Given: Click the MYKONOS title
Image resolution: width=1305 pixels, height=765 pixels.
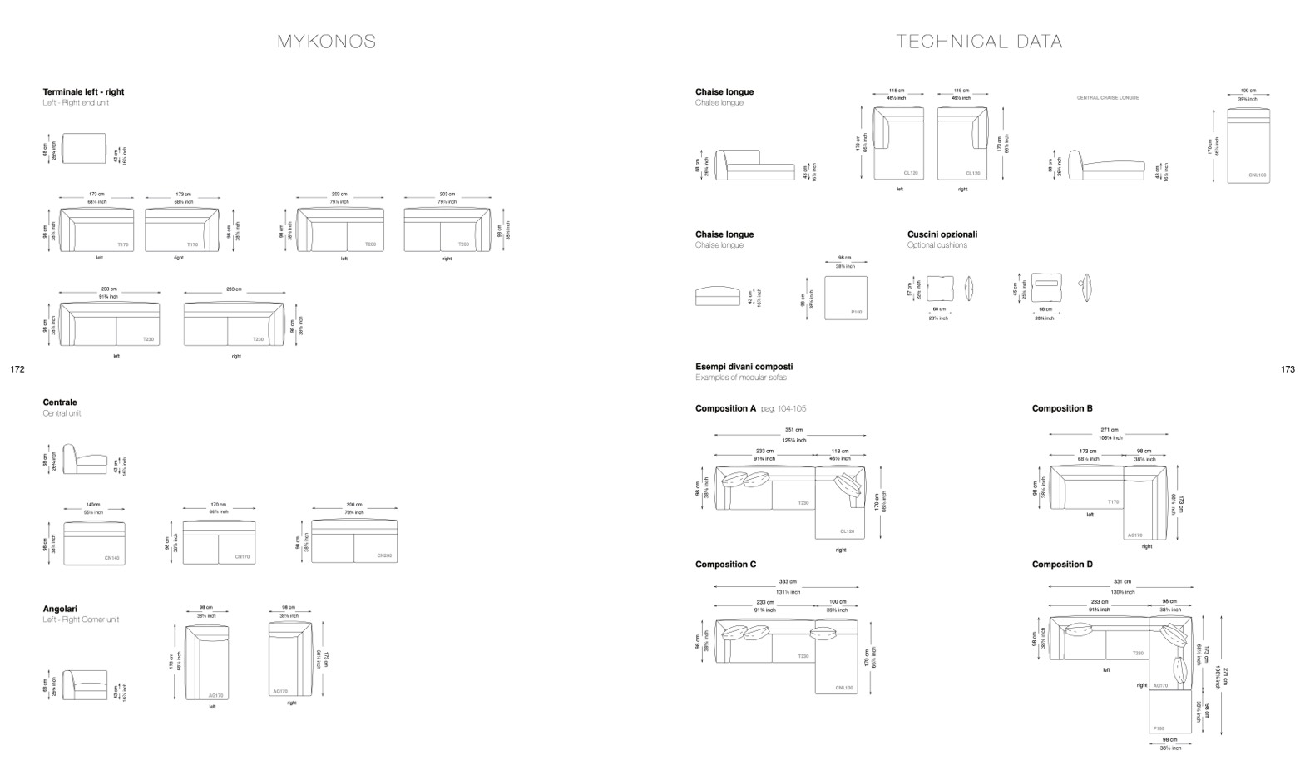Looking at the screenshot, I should [x=326, y=42].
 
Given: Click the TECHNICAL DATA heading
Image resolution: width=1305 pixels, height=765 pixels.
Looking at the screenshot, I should [x=979, y=42].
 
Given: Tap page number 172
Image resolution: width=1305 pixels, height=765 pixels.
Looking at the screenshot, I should [x=17, y=369].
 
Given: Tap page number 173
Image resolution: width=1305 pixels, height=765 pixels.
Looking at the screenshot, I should [x=1288, y=369].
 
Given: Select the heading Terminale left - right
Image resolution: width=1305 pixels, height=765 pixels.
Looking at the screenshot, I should [x=83, y=92].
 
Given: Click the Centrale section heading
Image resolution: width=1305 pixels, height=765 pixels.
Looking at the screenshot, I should [x=60, y=402].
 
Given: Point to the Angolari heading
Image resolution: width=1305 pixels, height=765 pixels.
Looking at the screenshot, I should [x=60, y=609].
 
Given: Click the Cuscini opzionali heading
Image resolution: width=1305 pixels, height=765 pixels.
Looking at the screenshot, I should [x=942, y=234].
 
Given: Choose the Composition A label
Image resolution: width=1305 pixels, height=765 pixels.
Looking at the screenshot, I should [x=726, y=408].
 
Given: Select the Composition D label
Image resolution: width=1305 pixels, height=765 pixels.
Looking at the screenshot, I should [x=1062, y=565].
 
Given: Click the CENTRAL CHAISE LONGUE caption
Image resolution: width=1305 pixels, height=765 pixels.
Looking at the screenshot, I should [x=1108, y=97].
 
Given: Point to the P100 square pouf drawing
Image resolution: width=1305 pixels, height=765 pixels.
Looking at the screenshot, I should [x=845, y=298].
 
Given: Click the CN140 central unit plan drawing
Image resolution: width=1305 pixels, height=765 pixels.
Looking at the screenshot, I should [x=94, y=544].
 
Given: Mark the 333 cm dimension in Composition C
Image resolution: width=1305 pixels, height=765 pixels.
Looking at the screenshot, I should [x=788, y=582].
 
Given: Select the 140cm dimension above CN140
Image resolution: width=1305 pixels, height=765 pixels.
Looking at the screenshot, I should [x=93, y=505].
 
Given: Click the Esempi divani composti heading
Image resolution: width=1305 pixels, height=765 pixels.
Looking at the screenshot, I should [x=744, y=367].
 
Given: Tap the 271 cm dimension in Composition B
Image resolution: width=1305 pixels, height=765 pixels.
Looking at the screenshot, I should [x=1110, y=431].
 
